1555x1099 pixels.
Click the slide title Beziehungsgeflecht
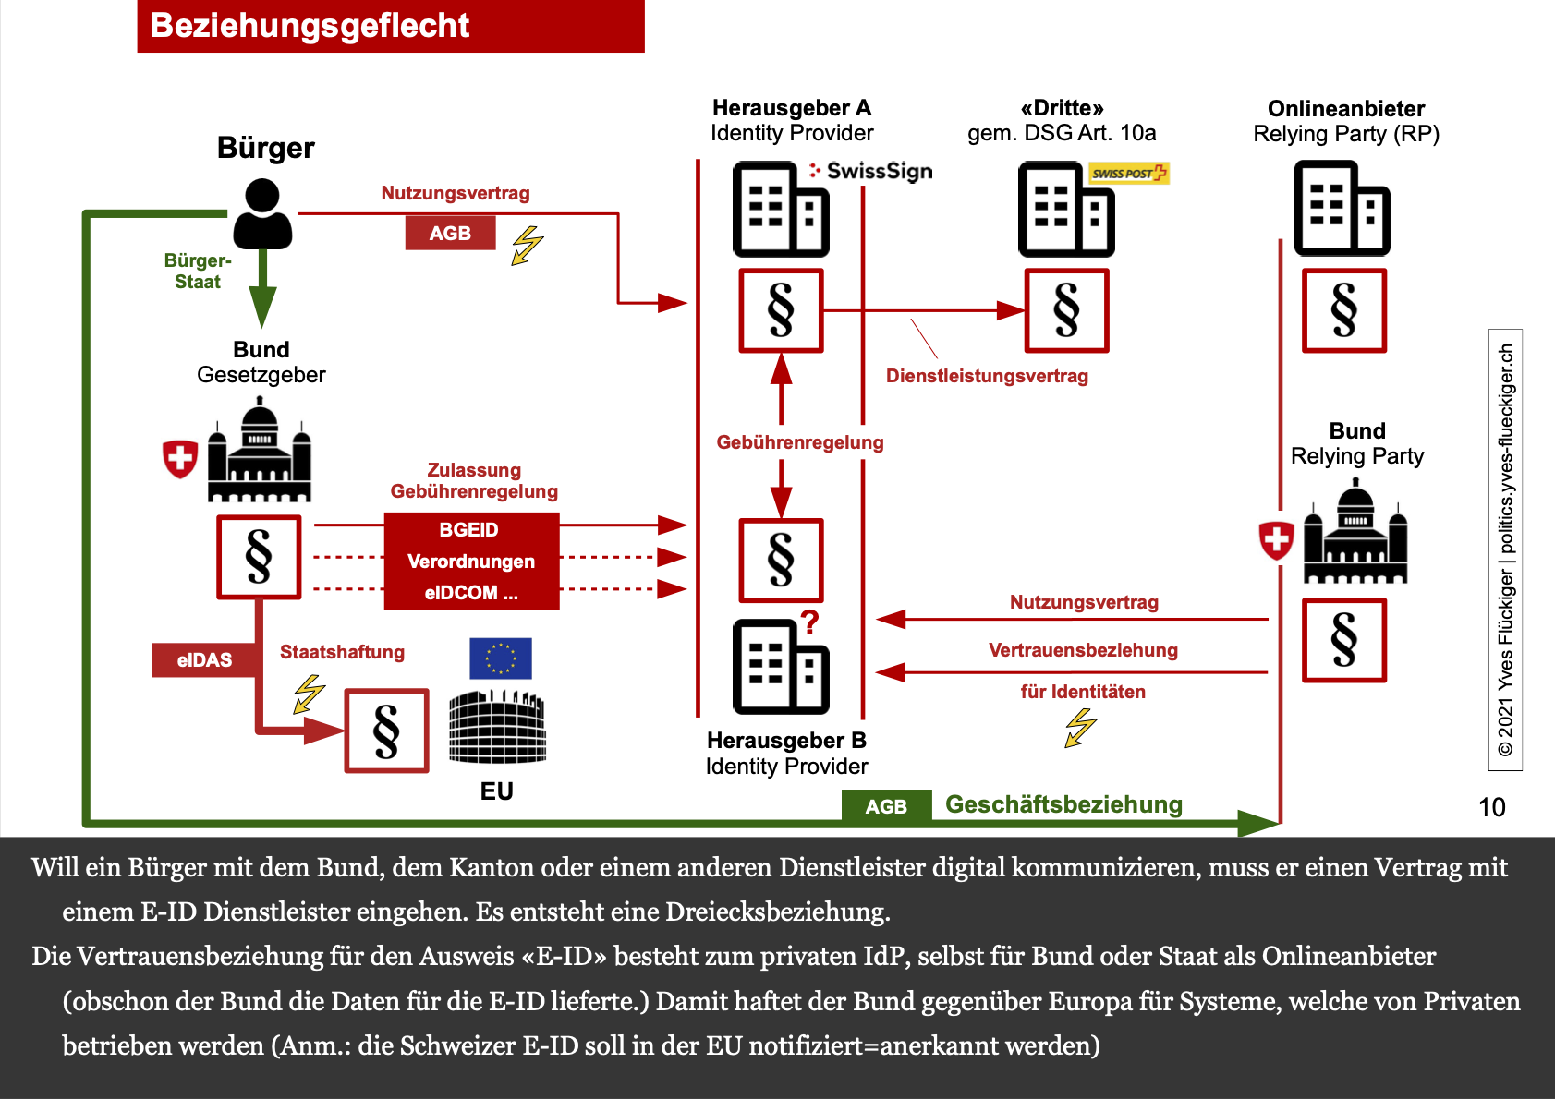pos(310,26)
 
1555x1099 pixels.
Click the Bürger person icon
pos(262,213)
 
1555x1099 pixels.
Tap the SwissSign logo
pos(870,171)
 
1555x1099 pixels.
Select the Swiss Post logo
pos(1128,173)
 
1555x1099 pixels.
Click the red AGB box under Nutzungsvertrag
pos(450,233)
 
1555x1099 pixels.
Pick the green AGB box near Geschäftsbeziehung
pos(885,806)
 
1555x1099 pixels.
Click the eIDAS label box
pos(204,659)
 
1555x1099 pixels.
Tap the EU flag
pos(500,658)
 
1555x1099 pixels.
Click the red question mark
pos(809,622)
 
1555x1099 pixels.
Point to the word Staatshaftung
pos(342,652)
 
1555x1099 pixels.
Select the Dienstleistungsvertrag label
pos(987,376)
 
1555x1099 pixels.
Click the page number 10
pos(1491,807)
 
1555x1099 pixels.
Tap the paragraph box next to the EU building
pos(386,731)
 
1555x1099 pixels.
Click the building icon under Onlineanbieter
pos(1342,208)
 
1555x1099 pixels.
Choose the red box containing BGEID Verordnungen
pos(471,561)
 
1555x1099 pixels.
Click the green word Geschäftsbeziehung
pos(1063,804)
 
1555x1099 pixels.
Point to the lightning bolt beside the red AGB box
pos(528,246)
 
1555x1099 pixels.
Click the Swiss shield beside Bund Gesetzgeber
pos(180,458)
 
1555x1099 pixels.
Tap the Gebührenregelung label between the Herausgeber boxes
pos(800,442)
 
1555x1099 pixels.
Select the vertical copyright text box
pos(1505,549)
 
